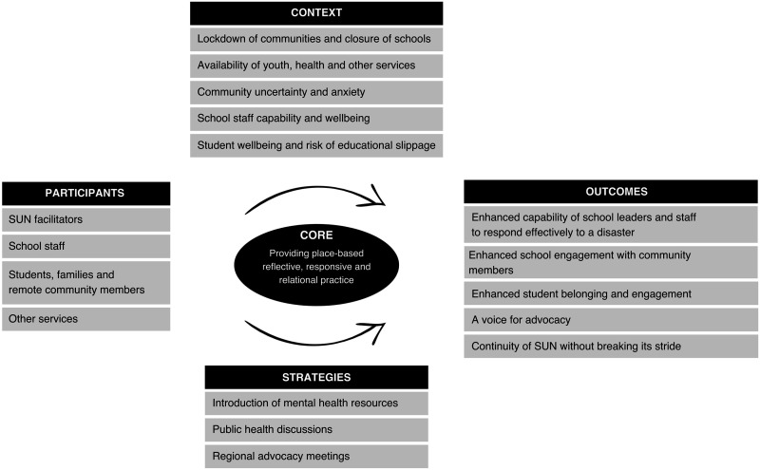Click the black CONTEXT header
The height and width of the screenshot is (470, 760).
(x=316, y=13)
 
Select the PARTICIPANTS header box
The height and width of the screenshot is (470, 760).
(x=85, y=193)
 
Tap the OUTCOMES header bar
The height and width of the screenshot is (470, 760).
(x=611, y=191)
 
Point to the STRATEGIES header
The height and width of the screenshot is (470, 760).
(x=316, y=377)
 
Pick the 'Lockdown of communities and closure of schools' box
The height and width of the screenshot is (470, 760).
(x=316, y=40)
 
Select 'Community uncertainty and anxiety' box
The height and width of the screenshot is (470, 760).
(x=316, y=93)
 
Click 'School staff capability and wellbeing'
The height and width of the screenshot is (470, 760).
(x=316, y=120)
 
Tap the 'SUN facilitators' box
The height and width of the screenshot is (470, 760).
(x=85, y=220)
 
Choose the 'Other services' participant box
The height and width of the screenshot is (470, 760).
(x=85, y=319)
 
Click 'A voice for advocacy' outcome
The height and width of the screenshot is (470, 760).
(x=611, y=319)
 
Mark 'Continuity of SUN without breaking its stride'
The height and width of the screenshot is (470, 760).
(x=611, y=346)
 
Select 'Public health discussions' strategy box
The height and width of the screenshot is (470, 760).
(x=316, y=429)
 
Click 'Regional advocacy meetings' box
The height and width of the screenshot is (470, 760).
(x=316, y=456)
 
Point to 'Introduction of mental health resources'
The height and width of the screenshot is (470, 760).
(x=316, y=404)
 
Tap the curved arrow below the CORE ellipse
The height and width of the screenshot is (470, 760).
(x=313, y=337)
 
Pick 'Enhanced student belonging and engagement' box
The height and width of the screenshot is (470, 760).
(x=611, y=292)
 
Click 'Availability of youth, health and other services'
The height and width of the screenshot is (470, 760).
(x=316, y=66)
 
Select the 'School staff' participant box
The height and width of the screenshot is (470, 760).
(x=85, y=247)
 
